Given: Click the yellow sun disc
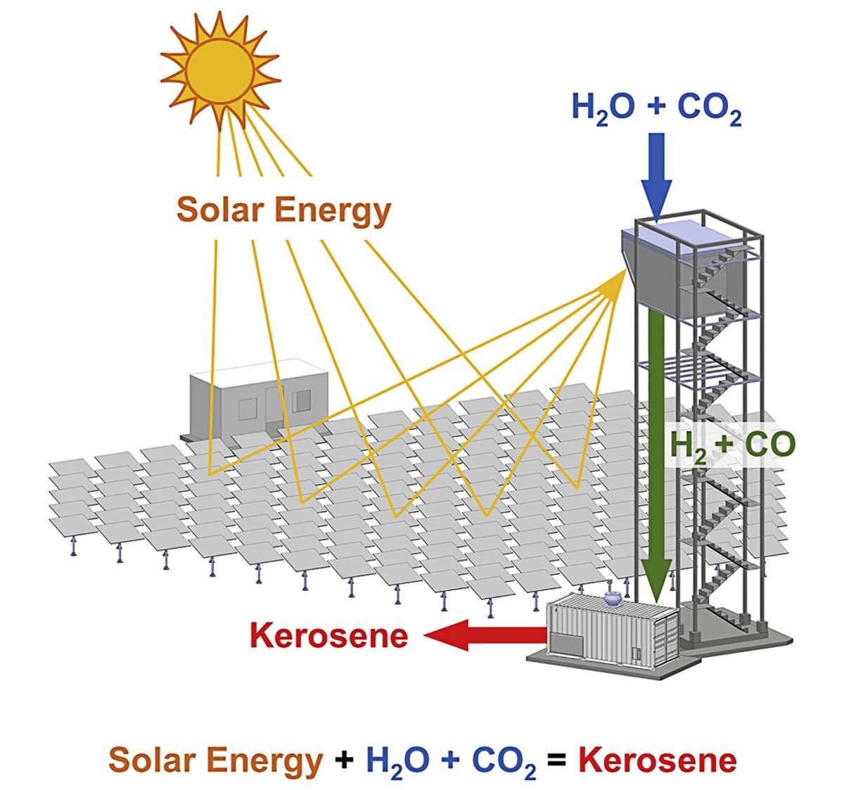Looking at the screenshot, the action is (x=220, y=71).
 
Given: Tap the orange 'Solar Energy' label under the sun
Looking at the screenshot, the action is (x=283, y=210).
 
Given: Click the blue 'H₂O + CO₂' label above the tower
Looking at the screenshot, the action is (x=657, y=108).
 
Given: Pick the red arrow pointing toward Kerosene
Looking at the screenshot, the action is (x=485, y=635).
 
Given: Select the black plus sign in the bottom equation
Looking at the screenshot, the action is (x=344, y=761).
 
